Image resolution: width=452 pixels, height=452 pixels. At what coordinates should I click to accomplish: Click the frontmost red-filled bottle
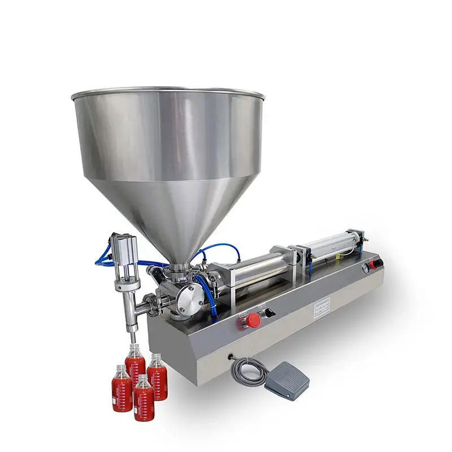pyautogui.click(x=144, y=398)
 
